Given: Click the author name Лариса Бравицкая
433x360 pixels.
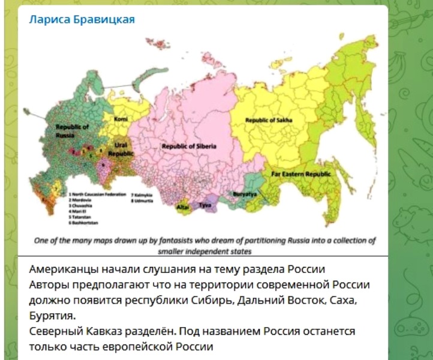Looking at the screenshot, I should point(82,19).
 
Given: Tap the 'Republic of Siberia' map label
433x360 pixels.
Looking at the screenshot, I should point(189,146).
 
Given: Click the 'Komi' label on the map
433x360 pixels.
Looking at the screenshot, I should point(121,118).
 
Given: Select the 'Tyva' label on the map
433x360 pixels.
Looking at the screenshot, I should point(206,204).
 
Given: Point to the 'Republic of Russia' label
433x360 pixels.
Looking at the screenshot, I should point(73,131).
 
